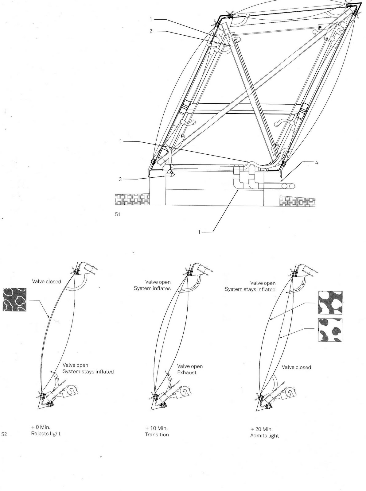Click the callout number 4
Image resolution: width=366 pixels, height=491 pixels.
pos(317,163)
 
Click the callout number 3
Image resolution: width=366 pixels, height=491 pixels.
pos(121,179)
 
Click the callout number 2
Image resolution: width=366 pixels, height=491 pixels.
pos(151,31)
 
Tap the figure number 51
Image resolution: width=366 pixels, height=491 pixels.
pos(118,215)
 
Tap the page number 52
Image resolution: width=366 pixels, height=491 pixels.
pos(4,434)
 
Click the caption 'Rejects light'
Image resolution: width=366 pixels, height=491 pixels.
pos(46,434)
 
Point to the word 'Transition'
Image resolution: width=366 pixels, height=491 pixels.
pos(157,435)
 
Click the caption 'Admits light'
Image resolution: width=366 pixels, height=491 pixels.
pos(264,435)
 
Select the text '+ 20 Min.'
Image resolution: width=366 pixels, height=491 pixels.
pos(261,429)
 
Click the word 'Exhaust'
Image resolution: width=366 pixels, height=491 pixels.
pos(187,373)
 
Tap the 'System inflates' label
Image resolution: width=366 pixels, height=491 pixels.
pos(152,288)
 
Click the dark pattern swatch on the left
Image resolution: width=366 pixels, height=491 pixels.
pos(14,300)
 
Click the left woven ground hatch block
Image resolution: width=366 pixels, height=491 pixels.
pos(132,200)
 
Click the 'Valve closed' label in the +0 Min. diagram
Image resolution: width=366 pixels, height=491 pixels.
pos(47,281)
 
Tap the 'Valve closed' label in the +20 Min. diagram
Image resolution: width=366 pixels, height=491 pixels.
pos(296,367)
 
